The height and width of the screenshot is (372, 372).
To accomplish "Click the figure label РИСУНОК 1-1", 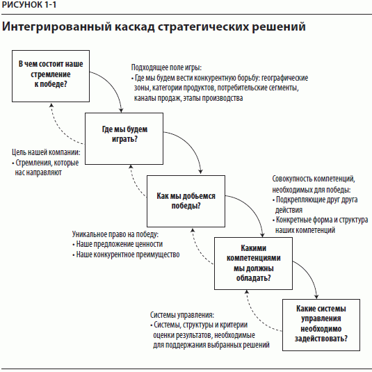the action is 29,5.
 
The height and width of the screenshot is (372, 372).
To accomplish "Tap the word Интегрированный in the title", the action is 57,26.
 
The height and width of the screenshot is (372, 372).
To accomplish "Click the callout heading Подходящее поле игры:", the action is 166,67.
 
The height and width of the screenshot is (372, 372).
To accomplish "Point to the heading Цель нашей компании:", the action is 46,152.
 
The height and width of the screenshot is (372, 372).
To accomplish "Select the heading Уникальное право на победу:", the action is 115,234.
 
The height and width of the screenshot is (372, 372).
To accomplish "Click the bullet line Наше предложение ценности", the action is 118,244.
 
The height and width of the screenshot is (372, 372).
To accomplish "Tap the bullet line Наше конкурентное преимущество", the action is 126,254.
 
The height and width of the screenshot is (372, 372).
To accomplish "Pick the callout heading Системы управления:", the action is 182,315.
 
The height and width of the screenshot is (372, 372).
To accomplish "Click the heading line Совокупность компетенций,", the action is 314,179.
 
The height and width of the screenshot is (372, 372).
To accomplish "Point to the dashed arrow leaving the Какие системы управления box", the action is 255,316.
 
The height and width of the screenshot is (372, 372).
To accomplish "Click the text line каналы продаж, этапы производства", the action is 188,98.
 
